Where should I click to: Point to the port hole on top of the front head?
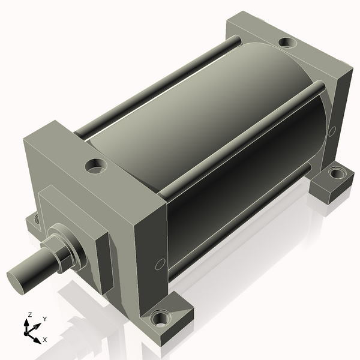[95, 165]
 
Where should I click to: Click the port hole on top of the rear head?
[288, 43]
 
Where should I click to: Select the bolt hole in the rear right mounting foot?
[337, 175]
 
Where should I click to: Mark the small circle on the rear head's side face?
[332, 130]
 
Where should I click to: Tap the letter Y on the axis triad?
[44, 319]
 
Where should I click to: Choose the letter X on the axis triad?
[44, 340]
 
